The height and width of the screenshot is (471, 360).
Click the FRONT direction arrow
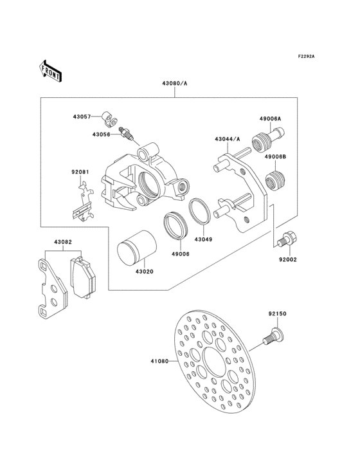(51, 70)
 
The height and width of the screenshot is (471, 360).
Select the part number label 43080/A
(169, 84)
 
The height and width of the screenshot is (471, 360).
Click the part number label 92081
(79, 172)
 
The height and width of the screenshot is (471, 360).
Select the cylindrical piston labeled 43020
(134, 248)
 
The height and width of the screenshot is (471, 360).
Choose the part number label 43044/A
(228, 139)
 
